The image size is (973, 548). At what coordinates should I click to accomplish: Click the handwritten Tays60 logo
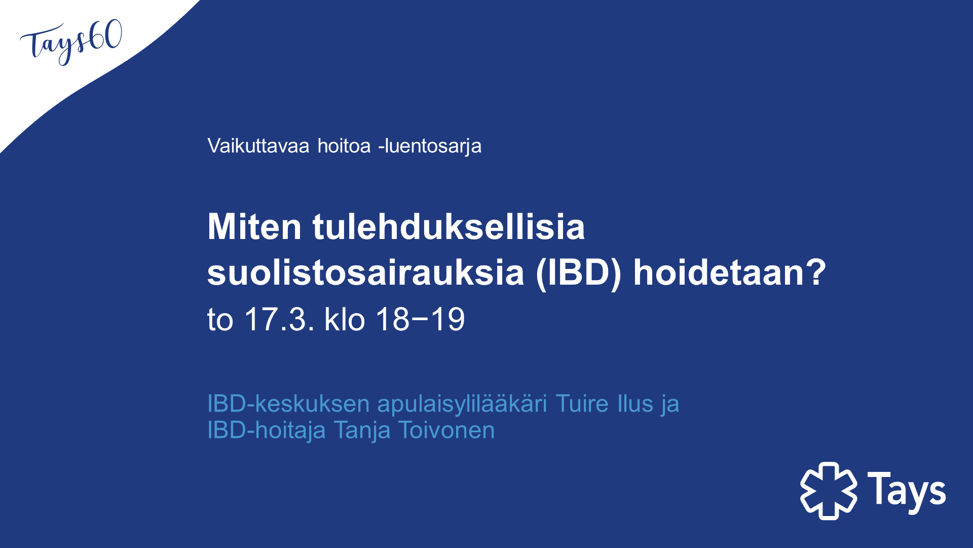(71, 43)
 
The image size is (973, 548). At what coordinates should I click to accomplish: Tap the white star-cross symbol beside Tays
(829, 491)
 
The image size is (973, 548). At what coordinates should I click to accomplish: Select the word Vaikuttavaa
(258, 146)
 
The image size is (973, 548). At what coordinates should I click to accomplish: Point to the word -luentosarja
(430, 147)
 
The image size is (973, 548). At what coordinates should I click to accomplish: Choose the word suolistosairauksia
(365, 272)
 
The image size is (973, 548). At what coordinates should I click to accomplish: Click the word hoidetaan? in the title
(730, 272)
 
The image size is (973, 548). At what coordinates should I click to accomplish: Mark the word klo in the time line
(345, 319)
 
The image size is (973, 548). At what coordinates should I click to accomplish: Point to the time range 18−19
(420, 319)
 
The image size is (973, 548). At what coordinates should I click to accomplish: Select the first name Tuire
(582, 404)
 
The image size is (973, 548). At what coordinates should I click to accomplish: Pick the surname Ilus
(635, 404)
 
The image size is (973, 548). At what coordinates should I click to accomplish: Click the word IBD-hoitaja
(267, 431)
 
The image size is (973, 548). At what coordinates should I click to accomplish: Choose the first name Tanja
(362, 431)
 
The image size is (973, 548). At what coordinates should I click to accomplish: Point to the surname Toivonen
(446, 430)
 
